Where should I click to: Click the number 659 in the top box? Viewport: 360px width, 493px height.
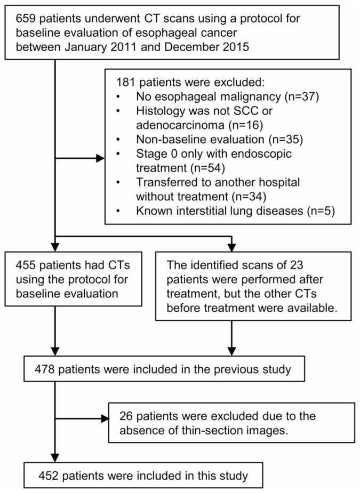click(x=26, y=19)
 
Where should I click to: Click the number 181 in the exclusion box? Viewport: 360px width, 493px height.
click(x=126, y=83)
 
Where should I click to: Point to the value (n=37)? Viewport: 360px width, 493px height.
click(x=301, y=96)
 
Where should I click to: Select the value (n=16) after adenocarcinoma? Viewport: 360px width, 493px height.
click(x=245, y=125)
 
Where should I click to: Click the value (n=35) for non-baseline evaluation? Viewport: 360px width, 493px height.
click(x=285, y=139)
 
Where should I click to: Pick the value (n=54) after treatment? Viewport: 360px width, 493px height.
click(x=207, y=168)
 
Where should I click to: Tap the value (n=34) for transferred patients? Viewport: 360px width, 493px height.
click(x=249, y=197)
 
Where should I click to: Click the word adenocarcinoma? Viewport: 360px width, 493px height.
click(x=180, y=125)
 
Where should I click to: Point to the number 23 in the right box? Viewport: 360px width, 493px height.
click(x=296, y=265)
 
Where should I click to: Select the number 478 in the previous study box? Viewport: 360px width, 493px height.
click(x=45, y=369)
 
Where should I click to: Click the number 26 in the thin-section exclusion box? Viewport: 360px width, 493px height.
click(x=126, y=416)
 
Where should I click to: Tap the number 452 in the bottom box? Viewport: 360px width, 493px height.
click(x=49, y=476)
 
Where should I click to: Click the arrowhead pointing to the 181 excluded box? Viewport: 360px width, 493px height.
click(x=100, y=158)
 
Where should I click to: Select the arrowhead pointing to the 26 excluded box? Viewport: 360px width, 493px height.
click(x=105, y=418)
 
